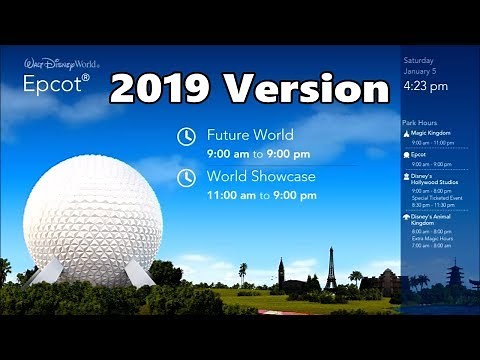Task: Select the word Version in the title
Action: tap(306, 89)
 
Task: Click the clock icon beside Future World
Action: tap(186, 137)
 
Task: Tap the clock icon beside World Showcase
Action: tap(186, 179)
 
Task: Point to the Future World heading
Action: tap(250, 133)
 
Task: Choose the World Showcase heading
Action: tap(261, 176)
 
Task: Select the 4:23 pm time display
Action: tap(425, 86)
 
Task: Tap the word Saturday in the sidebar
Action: tap(418, 60)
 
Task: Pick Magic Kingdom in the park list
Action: tap(432, 133)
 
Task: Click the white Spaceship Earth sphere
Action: tap(92, 221)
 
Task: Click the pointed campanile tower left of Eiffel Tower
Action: tap(281, 272)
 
